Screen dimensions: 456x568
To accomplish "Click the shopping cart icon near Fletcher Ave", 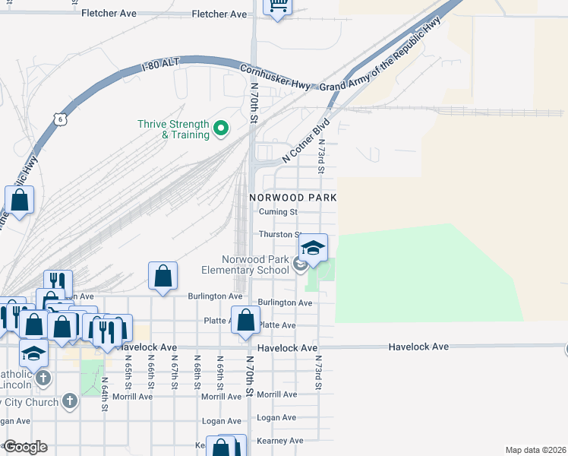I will click(279, 7).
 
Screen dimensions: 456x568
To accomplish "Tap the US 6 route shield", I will click(61, 119).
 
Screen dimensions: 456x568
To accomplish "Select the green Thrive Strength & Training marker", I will click(221, 129).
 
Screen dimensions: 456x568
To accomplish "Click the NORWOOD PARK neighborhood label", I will click(293, 198).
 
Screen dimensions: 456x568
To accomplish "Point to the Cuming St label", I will click(278, 212).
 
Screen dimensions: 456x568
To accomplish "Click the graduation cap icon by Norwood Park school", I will click(313, 247).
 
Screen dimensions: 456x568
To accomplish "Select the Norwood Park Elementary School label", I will click(245, 264).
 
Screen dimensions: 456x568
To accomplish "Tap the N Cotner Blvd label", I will click(306, 139).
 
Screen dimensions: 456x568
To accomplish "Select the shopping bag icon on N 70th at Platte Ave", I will click(245, 320).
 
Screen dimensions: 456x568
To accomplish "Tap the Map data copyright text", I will click(536, 450).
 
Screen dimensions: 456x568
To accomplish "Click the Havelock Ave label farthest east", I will click(418, 347).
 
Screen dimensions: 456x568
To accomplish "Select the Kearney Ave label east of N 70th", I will click(279, 441).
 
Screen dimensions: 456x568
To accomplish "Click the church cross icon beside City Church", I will click(69, 401).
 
